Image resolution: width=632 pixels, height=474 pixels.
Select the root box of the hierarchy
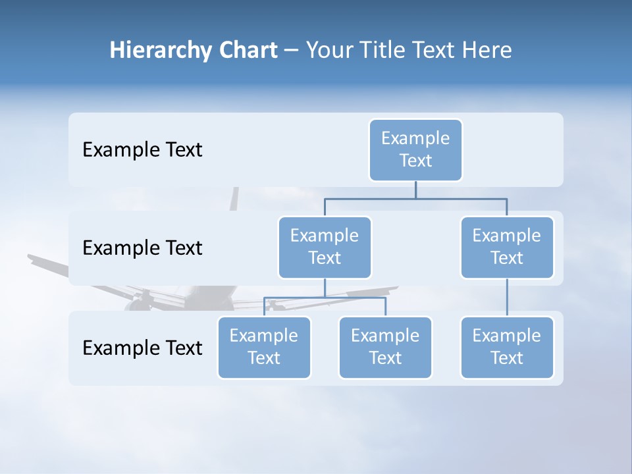pos(415,149)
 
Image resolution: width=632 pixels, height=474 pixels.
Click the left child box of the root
pos(325,247)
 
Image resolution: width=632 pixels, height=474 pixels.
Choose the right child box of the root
pos(507,247)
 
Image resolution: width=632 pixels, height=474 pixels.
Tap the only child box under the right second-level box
pos(507,347)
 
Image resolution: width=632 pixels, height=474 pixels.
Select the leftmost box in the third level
pos(264,347)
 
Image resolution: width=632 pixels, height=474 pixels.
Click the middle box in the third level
pos(385,347)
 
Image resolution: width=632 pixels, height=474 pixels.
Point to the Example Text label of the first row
pos(142,150)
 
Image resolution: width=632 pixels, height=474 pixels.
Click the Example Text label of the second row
pos(142,248)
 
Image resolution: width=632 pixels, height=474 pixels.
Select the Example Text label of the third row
pos(142,348)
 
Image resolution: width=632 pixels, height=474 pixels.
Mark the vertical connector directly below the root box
pos(415,190)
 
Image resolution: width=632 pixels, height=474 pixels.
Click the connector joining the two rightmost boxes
pos(507,298)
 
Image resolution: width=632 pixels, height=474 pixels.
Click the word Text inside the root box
pos(415,161)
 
